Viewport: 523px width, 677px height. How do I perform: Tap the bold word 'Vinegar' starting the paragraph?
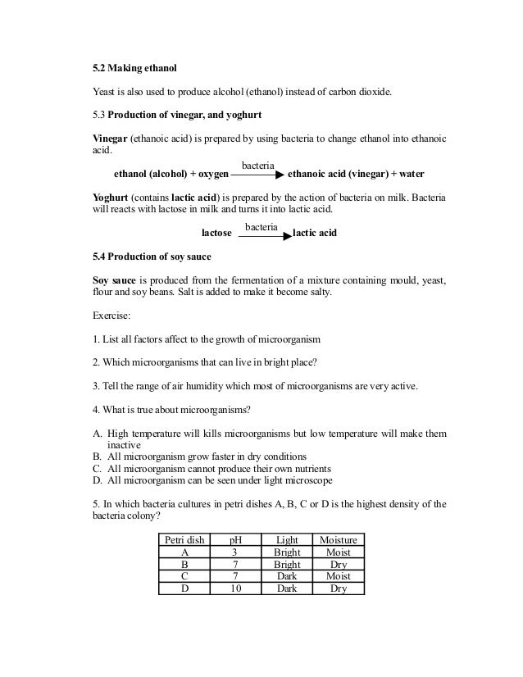coord(109,137)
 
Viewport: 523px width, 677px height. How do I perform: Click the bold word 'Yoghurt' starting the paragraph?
coord(111,198)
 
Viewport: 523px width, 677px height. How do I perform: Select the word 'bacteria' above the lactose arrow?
coord(261,225)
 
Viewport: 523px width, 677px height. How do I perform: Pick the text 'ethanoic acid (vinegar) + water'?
coord(355,175)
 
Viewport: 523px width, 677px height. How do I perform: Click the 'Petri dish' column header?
coord(183,540)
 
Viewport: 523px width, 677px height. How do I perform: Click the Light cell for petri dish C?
coord(286,576)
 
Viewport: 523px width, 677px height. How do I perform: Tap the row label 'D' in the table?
coord(183,588)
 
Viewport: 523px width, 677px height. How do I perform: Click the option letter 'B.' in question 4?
coord(97,457)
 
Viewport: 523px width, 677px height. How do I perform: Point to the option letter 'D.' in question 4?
coord(97,480)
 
